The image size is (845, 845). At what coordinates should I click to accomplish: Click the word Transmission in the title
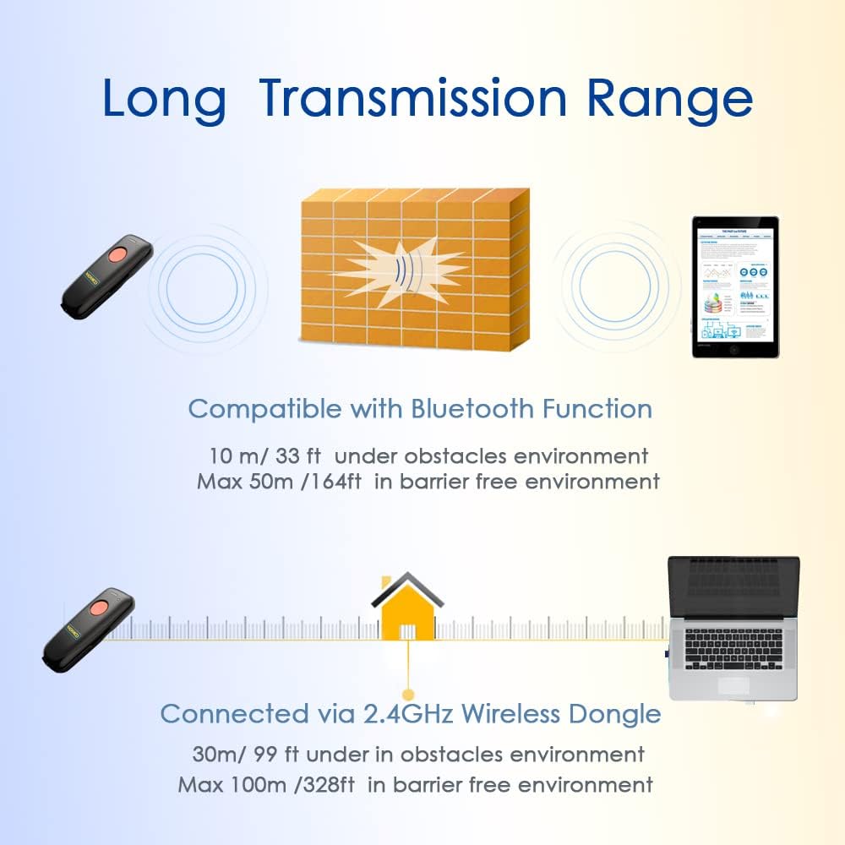pos(414,98)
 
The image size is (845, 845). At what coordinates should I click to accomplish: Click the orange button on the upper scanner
pos(116,255)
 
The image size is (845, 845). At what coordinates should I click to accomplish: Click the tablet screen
pos(734,283)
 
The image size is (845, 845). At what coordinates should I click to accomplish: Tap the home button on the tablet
pos(734,349)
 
